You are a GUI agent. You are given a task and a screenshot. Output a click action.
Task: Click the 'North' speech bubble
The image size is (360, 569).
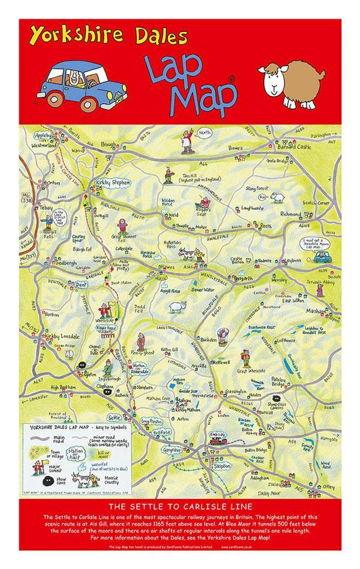point(204,133)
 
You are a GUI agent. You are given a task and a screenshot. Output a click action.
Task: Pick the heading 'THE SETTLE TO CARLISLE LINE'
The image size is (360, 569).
point(180,506)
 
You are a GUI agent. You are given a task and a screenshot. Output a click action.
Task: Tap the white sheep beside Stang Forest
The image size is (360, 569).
point(277,197)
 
